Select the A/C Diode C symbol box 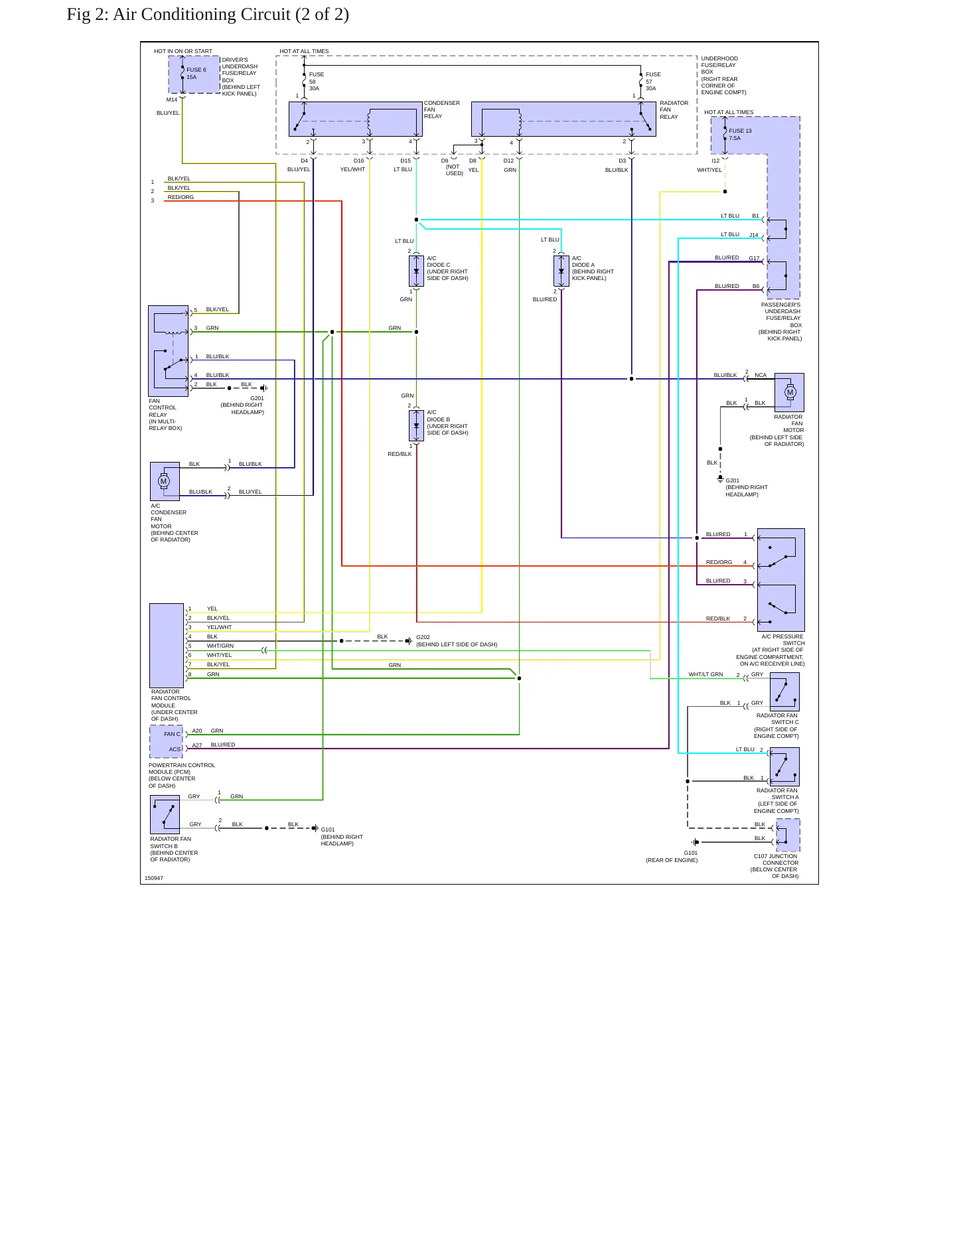pos(416,271)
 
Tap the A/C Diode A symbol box pos(561,271)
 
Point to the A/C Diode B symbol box pos(416,425)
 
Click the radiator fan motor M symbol pos(790,392)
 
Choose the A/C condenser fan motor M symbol pos(164,481)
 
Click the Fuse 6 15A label pos(196,73)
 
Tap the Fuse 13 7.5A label pos(740,134)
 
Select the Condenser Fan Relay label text pos(442,110)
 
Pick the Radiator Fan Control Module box pos(167,646)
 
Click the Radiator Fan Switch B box pos(165,814)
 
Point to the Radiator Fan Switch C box pos(784,692)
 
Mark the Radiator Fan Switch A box pos(784,767)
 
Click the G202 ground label pos(423,637)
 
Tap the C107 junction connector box pos(788,835)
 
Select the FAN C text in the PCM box pos(172,734)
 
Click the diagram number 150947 pos(154,878)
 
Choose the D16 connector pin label pos(359,161)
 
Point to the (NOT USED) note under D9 pos(454,170)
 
